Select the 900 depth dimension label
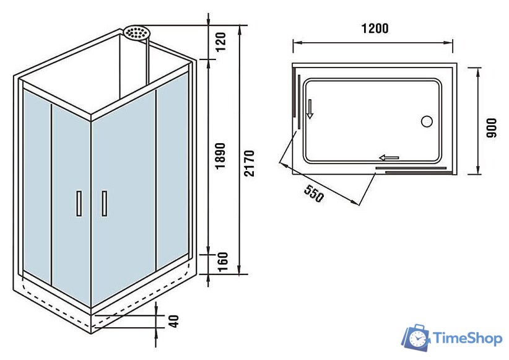pos(492,126)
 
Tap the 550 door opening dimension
pos(315,194)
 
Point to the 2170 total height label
pos(249,162)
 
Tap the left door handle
pos(79,203)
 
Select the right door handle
pos(104,203)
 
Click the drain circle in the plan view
pos(427,121)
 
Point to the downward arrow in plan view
pos(310,110)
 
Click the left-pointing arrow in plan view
pos(389,158)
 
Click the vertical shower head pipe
pos(147,62)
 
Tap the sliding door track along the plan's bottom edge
pos(411,168)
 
